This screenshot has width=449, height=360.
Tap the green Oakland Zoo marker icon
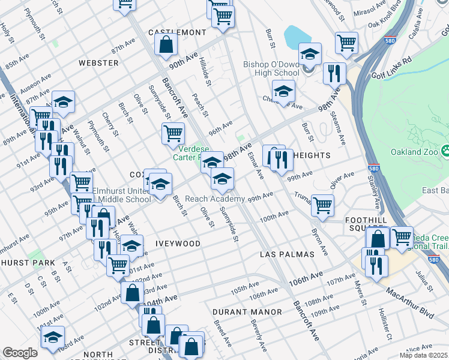[x=445, y=149]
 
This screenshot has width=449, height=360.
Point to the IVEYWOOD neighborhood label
[x=178, y=244]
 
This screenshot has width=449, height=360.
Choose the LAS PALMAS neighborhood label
[x=287, y=254]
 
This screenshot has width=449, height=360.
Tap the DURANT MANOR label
[x=247, y=312]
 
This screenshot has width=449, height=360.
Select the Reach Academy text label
[x=214, y=199]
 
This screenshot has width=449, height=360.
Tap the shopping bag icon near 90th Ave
[x=166, y=44]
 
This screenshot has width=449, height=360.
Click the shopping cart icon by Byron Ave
[x=323, y=205]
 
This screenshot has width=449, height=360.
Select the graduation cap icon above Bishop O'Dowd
[x=310, y=54]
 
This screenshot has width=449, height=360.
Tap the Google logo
[x=20, y=353]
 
